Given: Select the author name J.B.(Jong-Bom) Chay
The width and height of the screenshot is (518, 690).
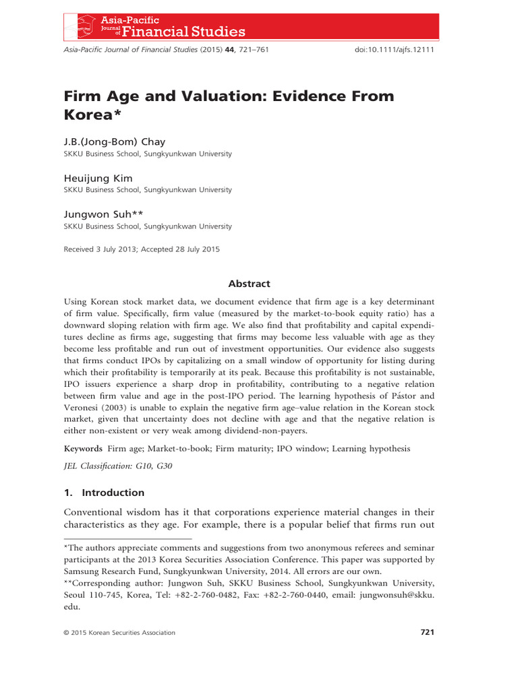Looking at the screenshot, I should click(114, 142).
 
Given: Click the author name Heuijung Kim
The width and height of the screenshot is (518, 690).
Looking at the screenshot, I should click(98, 178).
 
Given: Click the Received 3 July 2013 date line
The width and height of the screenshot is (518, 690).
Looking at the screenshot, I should click(141, 249).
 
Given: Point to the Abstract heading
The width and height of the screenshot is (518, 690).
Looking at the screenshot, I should click(249, 284).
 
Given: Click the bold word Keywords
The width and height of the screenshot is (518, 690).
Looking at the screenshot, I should click(83, 448).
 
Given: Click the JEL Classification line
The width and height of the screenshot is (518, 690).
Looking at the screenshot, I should click(118, 466).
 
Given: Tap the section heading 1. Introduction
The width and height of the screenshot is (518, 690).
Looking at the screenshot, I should click(104, 493).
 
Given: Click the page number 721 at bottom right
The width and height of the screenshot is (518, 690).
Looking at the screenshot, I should click(427, 632).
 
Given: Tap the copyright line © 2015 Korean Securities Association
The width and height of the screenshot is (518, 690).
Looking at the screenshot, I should click(119, 633).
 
